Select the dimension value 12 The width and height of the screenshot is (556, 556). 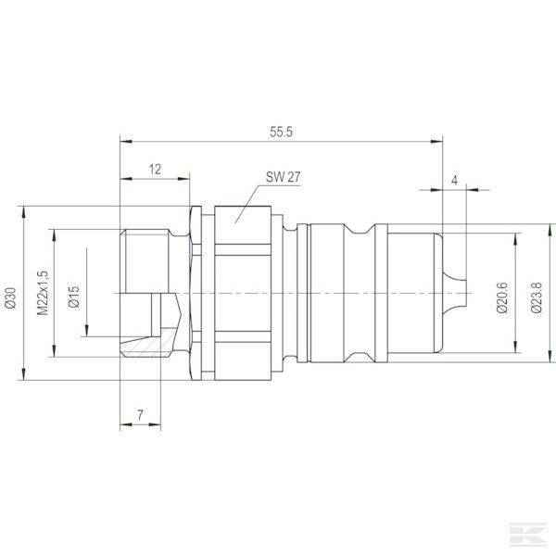click(154, 169)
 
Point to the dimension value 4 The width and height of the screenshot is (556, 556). click(454, 179)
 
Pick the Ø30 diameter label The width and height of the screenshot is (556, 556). click(11, 296)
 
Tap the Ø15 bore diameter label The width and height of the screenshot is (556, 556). click(74, 296)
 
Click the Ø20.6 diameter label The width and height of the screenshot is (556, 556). click(501, 296)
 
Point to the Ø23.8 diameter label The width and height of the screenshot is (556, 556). click(536, 296)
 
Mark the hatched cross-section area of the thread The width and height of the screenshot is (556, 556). click(148, 347)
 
